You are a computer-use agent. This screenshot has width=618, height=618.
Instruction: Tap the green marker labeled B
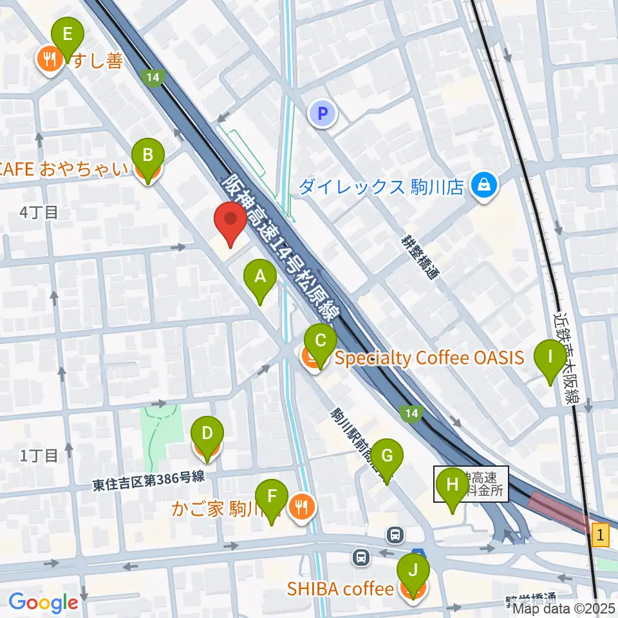(148, 156)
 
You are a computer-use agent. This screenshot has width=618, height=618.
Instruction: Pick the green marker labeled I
(550, 356)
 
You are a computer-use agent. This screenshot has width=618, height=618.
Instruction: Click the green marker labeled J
(413, 570)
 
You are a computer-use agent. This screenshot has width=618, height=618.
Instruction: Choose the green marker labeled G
(387, 456)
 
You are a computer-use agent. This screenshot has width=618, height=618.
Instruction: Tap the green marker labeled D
(207, 433)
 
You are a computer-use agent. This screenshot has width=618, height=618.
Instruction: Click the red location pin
(231, 220)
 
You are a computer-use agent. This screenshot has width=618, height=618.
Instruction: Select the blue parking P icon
(323, 115)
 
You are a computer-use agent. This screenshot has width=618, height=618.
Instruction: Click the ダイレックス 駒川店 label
(381, 187)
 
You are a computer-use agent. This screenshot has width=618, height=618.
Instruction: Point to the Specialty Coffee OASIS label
(429, 358)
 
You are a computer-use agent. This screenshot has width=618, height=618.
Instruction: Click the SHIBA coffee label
(341, 589)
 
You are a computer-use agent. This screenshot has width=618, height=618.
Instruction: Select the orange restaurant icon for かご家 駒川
(301, 507)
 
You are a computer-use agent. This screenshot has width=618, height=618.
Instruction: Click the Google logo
(43, 603)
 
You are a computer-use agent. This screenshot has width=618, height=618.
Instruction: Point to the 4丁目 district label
(39, 212)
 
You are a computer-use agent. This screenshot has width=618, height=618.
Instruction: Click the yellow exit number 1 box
(600, 534)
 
